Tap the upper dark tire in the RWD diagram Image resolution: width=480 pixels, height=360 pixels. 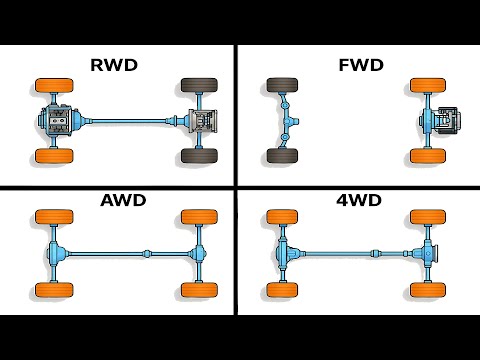point(197,87)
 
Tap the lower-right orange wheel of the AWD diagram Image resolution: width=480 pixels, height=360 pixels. point(197,290)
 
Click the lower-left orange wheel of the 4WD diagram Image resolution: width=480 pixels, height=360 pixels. point(281,290)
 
